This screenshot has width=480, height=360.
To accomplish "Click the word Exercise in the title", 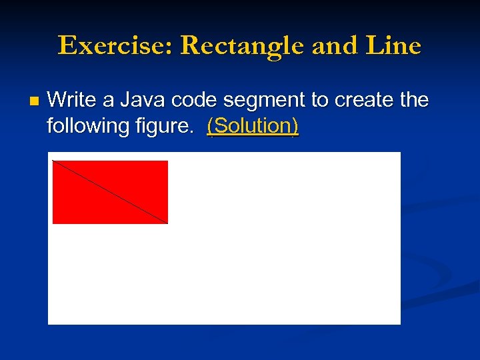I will [x=115, y=46].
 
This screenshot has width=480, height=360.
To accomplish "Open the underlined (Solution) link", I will [x=253, y=126].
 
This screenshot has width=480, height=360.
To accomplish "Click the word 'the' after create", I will [x=413, y=101].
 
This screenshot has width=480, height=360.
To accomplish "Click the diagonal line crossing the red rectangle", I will [x=110, y=192].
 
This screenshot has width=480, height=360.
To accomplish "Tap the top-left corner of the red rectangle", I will [x=53, y=161].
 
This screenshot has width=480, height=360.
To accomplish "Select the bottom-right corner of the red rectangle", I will [x=167, y=223].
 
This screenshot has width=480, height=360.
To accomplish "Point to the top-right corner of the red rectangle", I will [x=167, y=161].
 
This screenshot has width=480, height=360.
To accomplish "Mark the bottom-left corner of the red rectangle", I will [x=53, y=223].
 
